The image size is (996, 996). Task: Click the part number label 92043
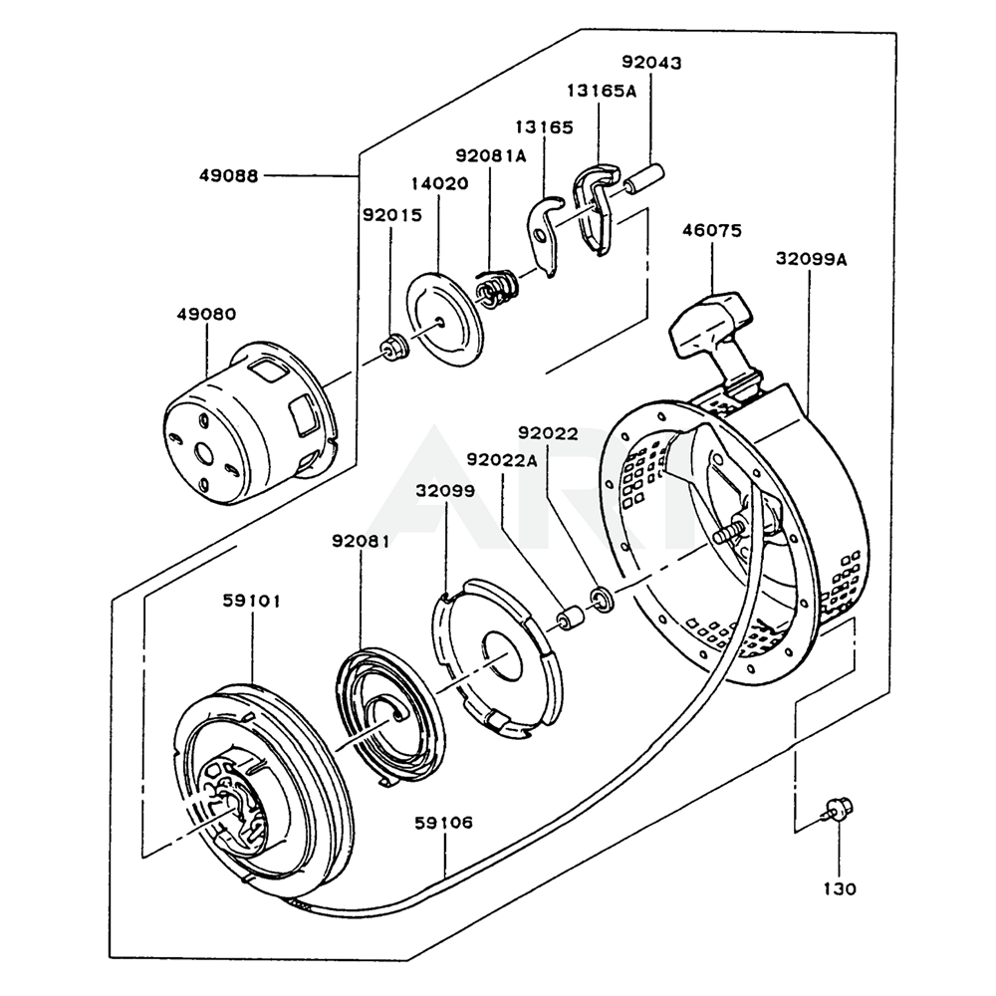click(x=652, y=63)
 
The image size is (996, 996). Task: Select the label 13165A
click(x=602, y=91)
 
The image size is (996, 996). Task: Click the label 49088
click(x=228, y=175)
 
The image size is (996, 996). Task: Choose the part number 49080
click(x=206, y=314)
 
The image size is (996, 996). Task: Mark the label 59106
click(x=444, y=823)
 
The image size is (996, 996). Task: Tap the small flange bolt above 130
click(x=837, y=809)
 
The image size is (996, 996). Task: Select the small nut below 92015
click(x=393, y=349)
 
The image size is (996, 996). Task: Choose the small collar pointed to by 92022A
click(x=569, y=620)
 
